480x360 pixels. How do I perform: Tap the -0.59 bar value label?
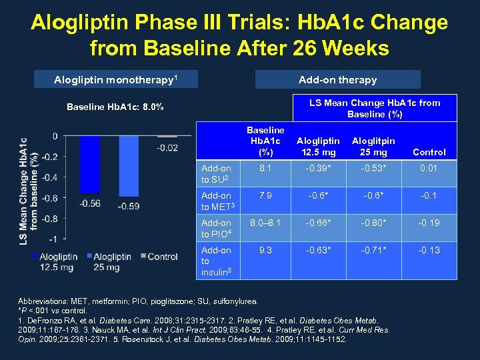tap(128, 207)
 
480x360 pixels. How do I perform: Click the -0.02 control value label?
tap(167, 147)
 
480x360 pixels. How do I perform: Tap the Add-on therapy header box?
tap(338, 80)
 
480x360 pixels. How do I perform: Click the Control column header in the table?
tap(429, 152)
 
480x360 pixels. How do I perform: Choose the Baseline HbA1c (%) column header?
tap(265, 141)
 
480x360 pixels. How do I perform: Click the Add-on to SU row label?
tap(216, 173)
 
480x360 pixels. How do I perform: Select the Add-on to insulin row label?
tap(216, 261)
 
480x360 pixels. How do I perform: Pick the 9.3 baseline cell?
tap(265, 250)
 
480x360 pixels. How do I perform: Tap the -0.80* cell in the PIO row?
tap(373, 223)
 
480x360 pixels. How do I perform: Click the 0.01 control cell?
tap(429, 168)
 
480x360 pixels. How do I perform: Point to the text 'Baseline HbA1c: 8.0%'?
tap(116, 107)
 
